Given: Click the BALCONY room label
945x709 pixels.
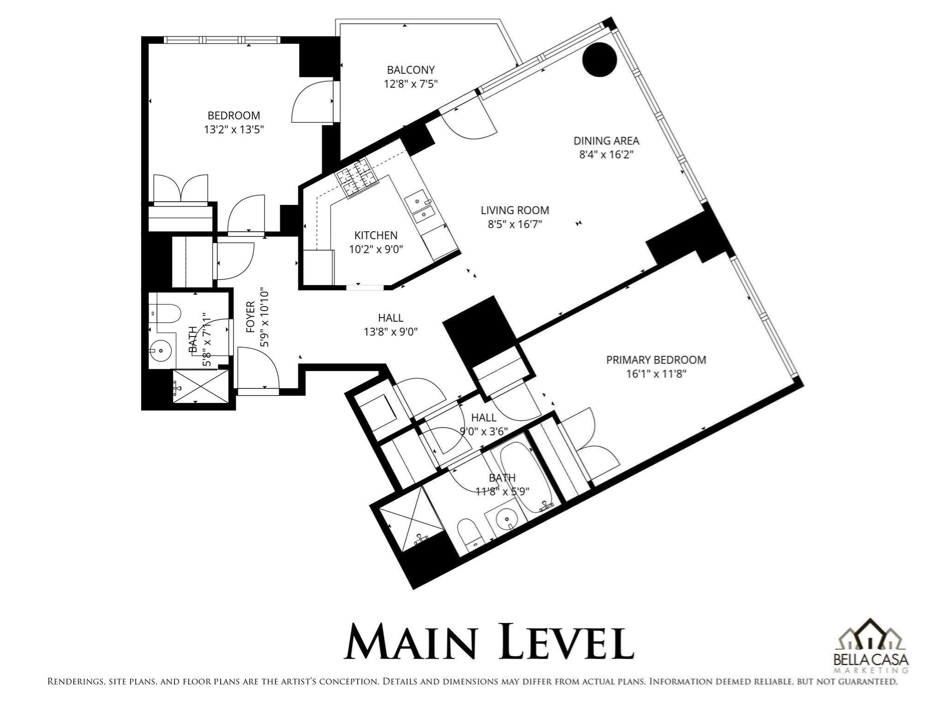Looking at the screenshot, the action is [411, 70].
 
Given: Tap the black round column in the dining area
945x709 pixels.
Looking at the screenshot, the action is [599, 59].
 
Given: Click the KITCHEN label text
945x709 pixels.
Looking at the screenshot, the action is [376, 235].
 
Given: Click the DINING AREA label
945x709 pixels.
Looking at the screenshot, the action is [606, 141].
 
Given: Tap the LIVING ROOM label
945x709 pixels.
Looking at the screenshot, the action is [515, 210].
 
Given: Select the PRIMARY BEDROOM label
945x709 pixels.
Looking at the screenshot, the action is [656, 360].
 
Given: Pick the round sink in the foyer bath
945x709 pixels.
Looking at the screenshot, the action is [161, 350].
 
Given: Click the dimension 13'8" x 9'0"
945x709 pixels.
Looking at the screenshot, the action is [391, 332].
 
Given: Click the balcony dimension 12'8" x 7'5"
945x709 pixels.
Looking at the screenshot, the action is [411, 84].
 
